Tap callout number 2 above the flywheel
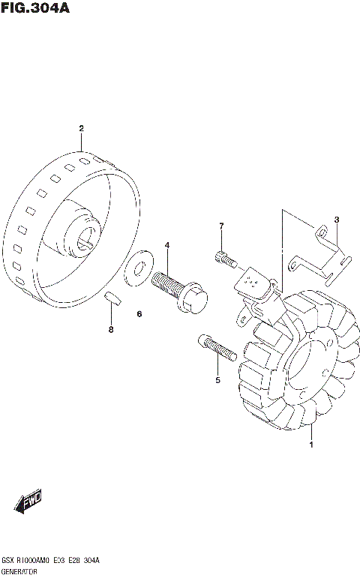click(82, 128)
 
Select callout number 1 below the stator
click(311, 445)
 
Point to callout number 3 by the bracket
click(337, 220)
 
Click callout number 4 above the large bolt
click(167, 245)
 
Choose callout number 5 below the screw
click(217, 380)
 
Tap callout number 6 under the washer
click(139, 313)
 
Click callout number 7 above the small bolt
click(221, 226)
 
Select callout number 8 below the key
click(111, 329)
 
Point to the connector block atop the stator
click(253, 284)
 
